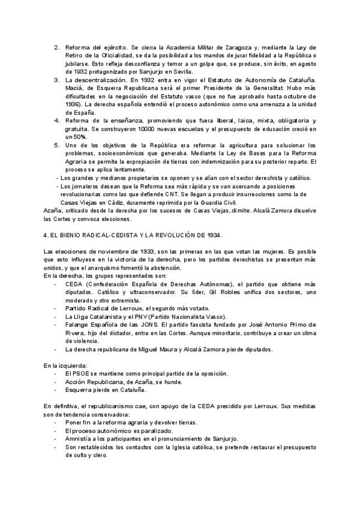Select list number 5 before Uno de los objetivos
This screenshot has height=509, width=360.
coord(56,145)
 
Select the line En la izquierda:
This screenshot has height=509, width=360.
coord(66,365)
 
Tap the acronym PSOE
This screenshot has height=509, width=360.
coord(81,373)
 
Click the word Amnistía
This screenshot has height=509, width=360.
coord(79,439)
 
